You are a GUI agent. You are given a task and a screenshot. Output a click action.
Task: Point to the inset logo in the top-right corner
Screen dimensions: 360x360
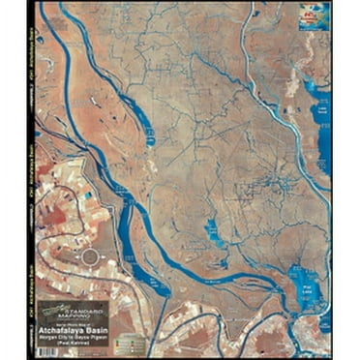(x=315, y=17)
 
